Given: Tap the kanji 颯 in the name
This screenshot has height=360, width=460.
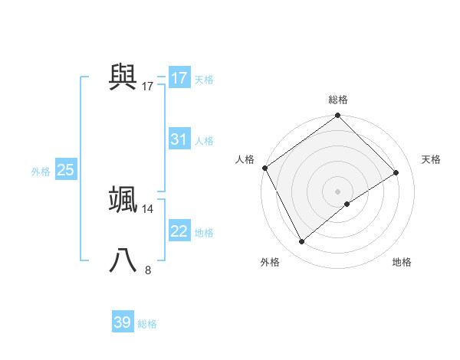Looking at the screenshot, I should (123, 198).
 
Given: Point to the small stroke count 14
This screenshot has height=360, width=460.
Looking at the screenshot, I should (148, 209).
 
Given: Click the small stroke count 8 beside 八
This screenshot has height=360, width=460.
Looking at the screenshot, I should (148, 270).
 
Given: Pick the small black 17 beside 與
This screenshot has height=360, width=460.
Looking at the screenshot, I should (148, 86).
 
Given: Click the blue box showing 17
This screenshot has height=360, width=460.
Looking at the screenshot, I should (179, 78).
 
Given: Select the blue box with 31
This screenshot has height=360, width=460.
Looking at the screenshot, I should (179, 139).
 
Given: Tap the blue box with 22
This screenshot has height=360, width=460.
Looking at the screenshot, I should (179, 231).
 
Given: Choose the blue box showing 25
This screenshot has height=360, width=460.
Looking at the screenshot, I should (65, 170).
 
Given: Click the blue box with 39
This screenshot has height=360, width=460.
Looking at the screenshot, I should (122, 322).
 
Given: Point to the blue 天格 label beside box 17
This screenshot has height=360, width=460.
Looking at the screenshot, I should (204, 79).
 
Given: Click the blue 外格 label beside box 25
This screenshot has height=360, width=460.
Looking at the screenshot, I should (41, 172).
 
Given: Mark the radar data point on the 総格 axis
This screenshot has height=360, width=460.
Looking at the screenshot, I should (337, 116).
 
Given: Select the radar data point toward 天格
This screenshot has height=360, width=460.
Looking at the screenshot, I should (396, 172).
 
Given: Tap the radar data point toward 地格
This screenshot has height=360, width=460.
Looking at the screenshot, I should (347, 204).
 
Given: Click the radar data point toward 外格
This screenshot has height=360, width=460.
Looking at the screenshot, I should (302, 242).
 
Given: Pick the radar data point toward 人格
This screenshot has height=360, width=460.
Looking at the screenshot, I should (264, 168).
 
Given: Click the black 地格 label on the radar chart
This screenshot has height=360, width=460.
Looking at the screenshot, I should (402, 263).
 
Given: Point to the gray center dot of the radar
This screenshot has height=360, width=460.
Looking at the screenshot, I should (337, 191).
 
